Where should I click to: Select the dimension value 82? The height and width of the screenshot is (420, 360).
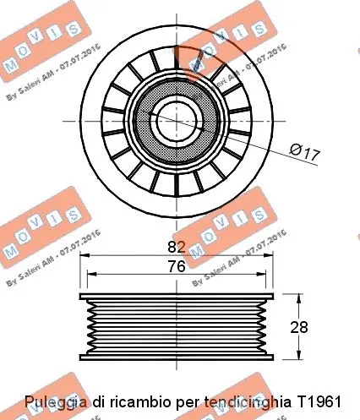click(x=175, y=248)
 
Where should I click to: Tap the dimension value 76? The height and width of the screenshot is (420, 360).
click(x=175, y=266)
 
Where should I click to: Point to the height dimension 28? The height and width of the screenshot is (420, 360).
click(x=321, y=326)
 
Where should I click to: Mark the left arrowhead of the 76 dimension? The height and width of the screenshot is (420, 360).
click(x=92, y=275)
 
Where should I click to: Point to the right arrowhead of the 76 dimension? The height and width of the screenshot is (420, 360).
click(x=261, y=275)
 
